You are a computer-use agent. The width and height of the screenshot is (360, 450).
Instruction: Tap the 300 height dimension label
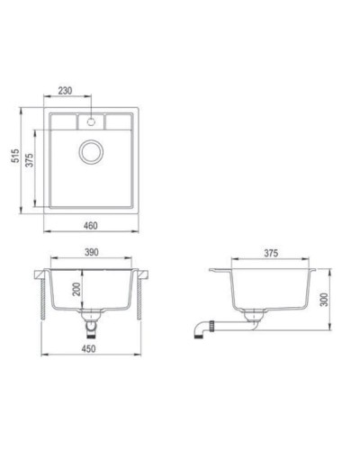(x=332, y=299)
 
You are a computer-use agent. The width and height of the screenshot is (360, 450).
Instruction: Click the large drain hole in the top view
(x=93, y=152)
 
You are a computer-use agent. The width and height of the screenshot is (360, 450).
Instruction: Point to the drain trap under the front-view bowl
(x=92, y=319)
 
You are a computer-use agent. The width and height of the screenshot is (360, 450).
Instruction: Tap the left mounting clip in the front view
(x=43, y=297)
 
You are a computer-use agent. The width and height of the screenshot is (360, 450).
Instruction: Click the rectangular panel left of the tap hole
(x=67, y=121)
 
